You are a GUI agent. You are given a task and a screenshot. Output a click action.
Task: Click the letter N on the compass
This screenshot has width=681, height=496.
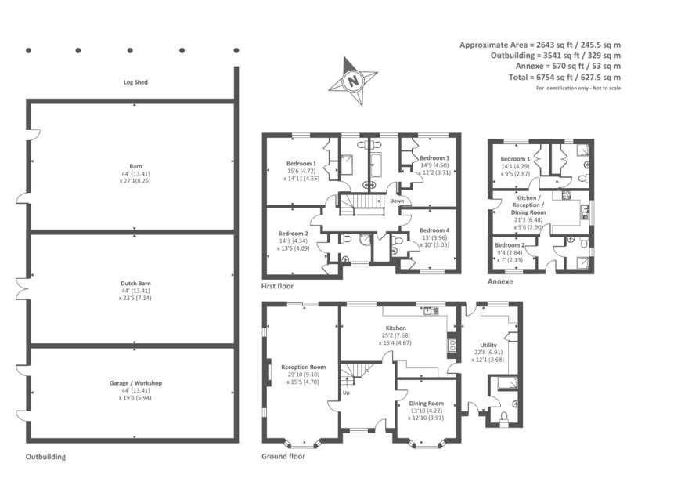click(x=354, y=81)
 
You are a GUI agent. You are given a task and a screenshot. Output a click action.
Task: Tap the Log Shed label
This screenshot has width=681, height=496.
click(x=135, y=82)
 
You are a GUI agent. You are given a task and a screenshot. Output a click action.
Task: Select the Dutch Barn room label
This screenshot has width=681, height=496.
click(x=136, y=284)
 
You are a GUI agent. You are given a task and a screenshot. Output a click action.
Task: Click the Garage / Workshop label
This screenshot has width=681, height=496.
click(x=135, y=383)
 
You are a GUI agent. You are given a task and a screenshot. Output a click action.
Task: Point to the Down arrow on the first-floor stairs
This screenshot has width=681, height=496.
click(x=381, y=201)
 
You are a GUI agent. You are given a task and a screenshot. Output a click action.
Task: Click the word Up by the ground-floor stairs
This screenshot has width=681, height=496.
click(x=346, y=393)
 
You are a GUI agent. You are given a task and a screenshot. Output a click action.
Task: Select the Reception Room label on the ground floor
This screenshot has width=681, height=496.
click(x=303, y=367)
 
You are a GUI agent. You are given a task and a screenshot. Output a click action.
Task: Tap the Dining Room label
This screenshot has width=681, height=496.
click(x=426, y=404)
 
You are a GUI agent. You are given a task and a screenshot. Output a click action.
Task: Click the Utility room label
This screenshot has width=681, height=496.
click(x=488, y=345)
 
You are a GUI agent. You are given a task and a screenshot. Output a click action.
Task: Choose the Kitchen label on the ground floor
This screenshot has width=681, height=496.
click(x=395, y=328)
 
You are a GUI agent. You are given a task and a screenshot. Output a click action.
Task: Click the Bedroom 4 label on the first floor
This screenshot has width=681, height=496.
click(x=434, y=230)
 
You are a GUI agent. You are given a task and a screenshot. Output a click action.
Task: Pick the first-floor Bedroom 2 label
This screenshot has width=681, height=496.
click(x=294, y=234)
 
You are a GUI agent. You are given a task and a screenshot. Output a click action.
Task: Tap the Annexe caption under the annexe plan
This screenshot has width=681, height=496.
click(x=500, y=281)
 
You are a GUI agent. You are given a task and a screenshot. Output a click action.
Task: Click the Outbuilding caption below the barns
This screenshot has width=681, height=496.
click(x=45, y=457)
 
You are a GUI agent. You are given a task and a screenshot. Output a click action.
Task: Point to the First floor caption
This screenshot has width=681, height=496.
click(x=277, y=286)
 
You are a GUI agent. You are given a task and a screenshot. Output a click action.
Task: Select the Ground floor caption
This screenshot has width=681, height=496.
click(x=283, y=457)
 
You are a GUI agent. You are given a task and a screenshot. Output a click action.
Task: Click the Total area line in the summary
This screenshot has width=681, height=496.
click(x=564, y=78)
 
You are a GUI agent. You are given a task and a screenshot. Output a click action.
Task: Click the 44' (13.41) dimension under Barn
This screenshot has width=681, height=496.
click(x=135, y=173)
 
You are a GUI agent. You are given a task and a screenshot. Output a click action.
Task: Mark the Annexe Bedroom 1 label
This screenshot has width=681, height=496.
click(x=515, y=159)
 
